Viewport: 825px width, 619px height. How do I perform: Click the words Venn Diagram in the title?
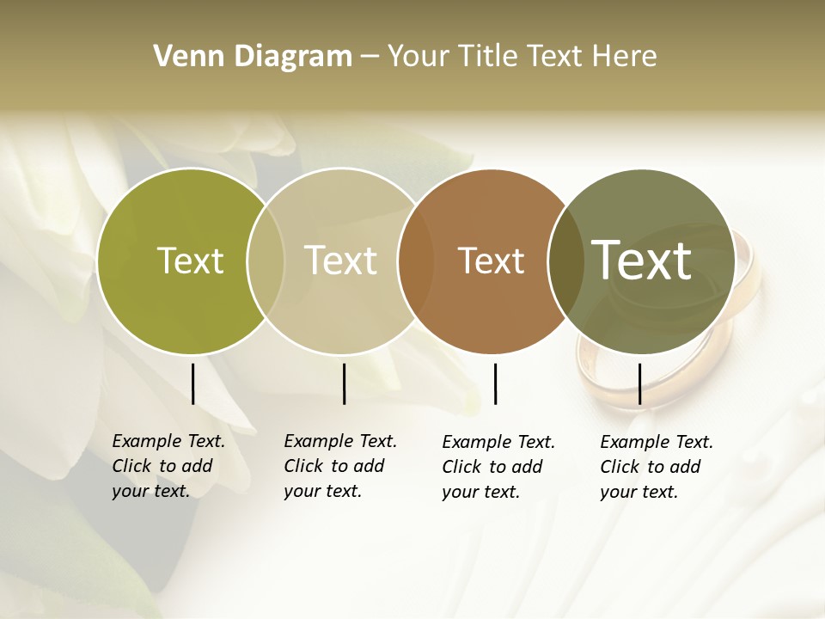tap(253, 57)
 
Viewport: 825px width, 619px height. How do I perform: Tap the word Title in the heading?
tap(487, 57)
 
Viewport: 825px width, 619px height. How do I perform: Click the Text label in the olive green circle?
tap(190, 260)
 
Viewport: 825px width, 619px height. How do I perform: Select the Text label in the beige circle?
tap(340, 260)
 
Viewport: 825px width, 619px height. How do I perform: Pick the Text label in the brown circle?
tap(491, 260)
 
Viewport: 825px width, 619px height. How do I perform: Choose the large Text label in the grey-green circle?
tap(642, 260)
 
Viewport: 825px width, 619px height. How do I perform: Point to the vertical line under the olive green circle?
tap(192, 383)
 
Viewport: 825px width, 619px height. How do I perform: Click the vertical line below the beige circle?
tap(344, 383)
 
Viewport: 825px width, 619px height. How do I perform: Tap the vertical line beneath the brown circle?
tap(495, 383)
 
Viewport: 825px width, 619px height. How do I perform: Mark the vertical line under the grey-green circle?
tap(639, 383)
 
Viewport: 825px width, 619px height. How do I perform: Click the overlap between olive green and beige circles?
tap(266, 260)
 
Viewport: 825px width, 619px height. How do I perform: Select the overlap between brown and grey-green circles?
tap(563, 260)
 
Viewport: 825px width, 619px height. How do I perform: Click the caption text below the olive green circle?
tap(168, 466)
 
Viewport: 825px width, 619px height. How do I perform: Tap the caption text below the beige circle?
tap(339, 466)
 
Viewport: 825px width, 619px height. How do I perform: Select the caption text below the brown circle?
tap(498, 467)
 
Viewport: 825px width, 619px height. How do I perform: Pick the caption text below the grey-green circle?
tap(656, 467)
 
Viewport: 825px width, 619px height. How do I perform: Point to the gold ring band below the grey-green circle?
tap(602, 387)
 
